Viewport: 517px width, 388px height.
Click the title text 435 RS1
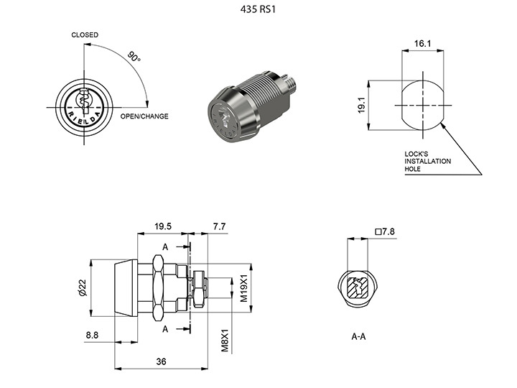click(258, 11)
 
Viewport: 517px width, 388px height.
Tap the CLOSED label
click(85, 34)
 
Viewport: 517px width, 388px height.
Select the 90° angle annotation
click(134, 57)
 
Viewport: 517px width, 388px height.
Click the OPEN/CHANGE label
click(144, 116)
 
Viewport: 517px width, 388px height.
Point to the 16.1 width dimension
click(422, 44)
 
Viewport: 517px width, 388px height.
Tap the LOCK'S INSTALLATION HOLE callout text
click(428, 162)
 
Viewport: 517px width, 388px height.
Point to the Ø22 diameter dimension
click(82, 288)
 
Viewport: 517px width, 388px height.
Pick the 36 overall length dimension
click(161, 361)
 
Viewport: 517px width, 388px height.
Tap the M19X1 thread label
click(243, 287)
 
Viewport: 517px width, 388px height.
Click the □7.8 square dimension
click(385, 231)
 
